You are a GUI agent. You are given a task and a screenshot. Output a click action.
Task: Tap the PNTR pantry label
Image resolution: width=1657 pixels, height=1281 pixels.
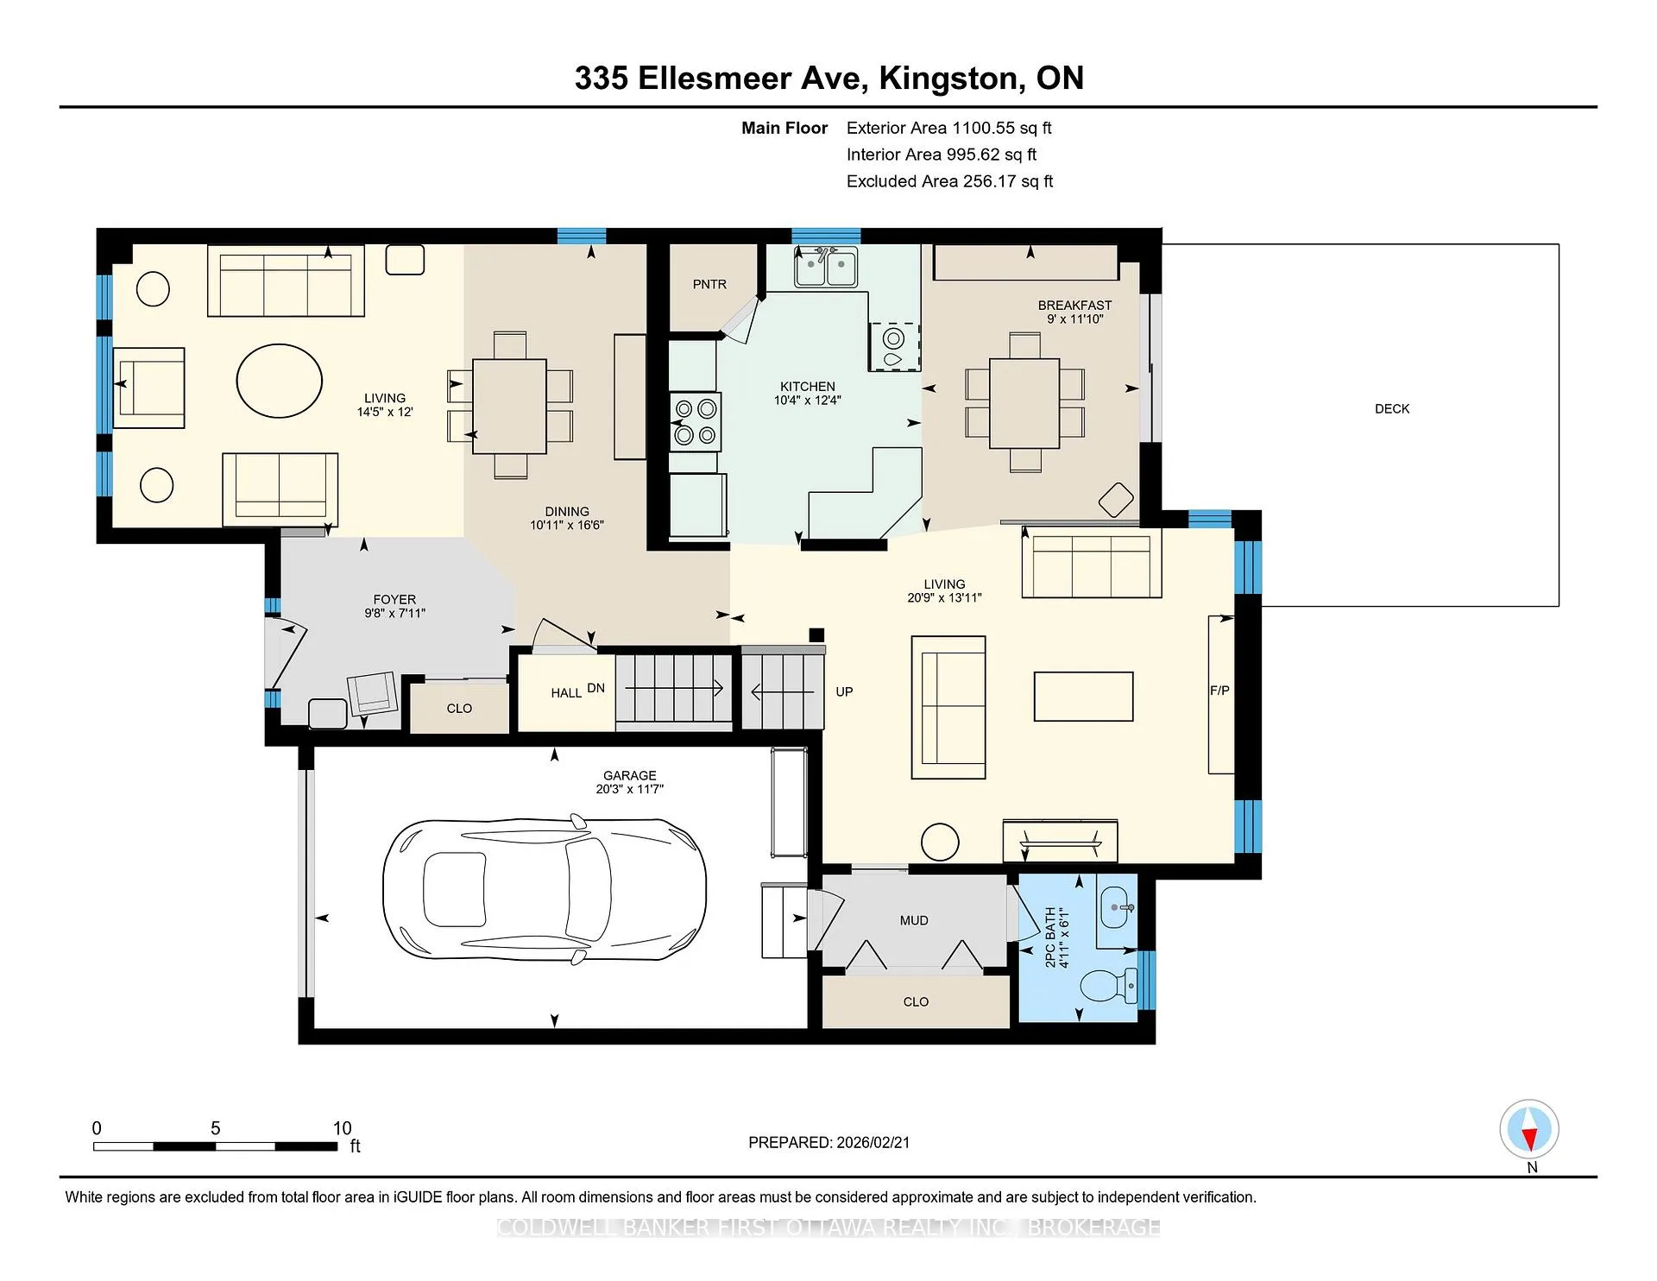pyautogui.click(x=709, y=284)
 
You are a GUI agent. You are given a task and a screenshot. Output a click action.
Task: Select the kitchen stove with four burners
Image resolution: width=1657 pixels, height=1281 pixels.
pyautogui.click(x=696, y=422)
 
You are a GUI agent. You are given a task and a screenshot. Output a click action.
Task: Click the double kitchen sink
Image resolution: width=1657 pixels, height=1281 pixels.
pyautogui.click(x=826, y=267)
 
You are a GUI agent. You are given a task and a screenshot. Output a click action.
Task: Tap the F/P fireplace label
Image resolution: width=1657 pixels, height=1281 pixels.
pyautogui.click(x=1219, y=691)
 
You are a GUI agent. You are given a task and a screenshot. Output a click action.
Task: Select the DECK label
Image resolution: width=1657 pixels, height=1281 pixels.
pyautogui.click(x=1392, y=409)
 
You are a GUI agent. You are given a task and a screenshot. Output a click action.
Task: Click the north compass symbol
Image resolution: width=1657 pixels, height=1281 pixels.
pyautogui.click(x=1529, y=1130)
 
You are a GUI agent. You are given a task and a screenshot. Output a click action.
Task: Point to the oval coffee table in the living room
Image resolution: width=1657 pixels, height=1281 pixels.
pyautogui.click(x=280, y=381)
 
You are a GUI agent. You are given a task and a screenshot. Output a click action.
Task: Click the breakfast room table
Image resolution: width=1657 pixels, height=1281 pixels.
pyautogui.click(x=1024, y=403)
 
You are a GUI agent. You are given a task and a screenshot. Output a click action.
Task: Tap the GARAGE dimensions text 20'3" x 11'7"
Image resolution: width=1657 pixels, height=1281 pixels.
pyautogui.click(x=630, y=789)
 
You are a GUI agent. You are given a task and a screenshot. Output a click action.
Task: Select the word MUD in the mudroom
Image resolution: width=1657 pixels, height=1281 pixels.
pyautogui.click(x=914, y=921)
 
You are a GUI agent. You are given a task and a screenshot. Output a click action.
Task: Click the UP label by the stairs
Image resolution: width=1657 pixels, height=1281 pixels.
pyautogui.click(x=844, y=691)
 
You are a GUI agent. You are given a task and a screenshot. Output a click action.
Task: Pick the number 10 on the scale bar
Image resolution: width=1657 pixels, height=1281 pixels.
pyautogui.click(x=343, y=1128)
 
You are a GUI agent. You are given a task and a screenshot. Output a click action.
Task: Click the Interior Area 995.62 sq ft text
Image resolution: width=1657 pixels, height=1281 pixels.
pyautogui.click(x=942, y=155)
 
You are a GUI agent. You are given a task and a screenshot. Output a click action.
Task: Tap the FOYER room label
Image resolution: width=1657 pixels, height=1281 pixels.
pyautogui.click(x=394, y=599)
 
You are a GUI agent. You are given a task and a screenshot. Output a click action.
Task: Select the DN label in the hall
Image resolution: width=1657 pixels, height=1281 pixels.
pyautogui.click(x=595, y=688)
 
